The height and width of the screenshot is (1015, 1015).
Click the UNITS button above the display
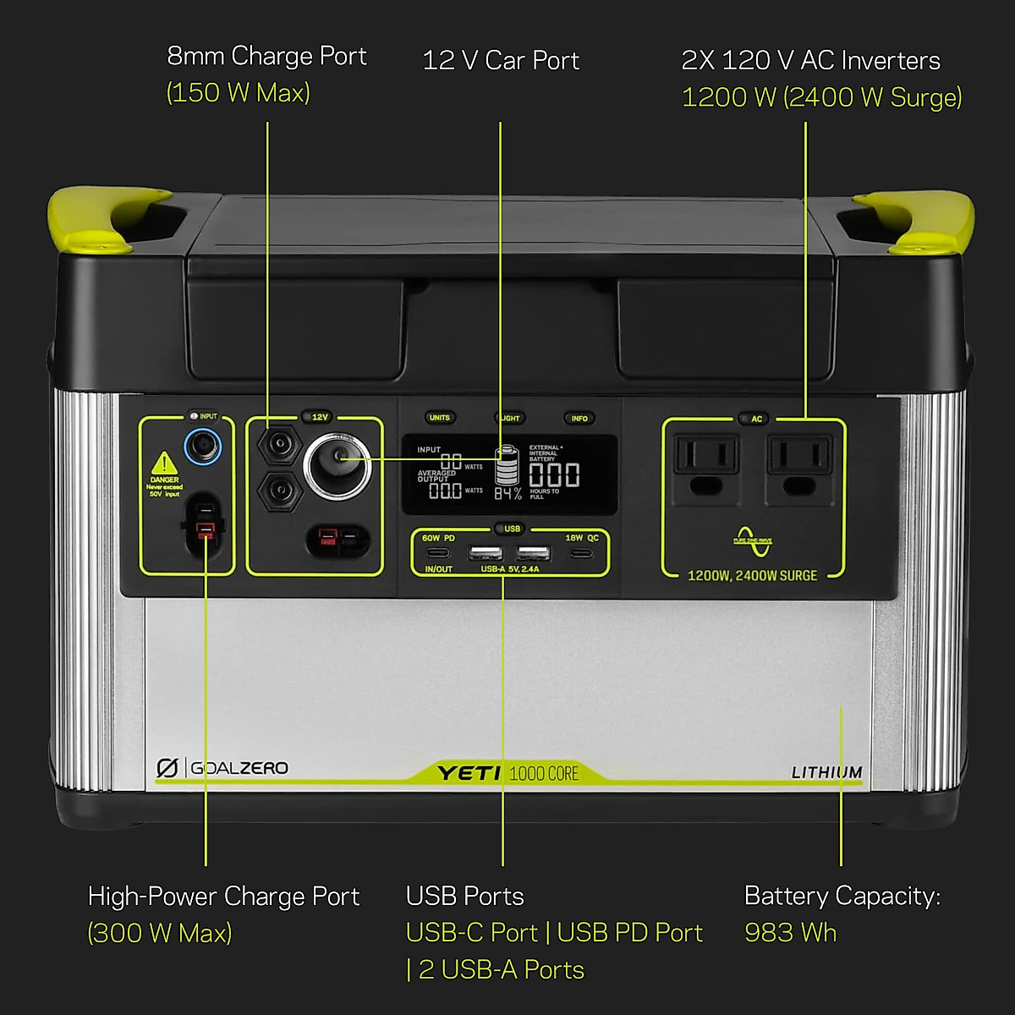(x=440, y=417)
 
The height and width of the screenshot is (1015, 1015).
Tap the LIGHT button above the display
(x=509, y=418)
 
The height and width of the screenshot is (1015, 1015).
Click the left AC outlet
(x=706, y=465)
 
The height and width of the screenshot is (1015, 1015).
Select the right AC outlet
(x=799, y=465)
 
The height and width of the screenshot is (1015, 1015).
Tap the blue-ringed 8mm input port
(x=202, y=445)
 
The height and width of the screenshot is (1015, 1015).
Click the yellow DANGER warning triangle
(x=164, y=464)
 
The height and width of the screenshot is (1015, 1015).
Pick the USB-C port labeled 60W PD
(x=437, y=553)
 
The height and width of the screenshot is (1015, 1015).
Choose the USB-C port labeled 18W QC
(x=581, y=553)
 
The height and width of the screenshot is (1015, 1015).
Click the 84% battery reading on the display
(x=507, y=492)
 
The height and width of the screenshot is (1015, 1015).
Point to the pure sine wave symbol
(x=752, y=541)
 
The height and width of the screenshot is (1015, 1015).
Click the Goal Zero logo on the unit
(x=222, y=768)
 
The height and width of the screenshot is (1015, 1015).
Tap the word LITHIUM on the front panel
(x=826, y=772)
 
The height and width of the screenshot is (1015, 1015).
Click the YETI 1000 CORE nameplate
(x=507, y=772)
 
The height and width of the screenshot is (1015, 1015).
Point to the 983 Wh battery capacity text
(x=790, y=932)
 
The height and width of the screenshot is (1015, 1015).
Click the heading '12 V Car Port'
(x=500, y=60)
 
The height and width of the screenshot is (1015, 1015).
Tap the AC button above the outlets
(x=756, y=419)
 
